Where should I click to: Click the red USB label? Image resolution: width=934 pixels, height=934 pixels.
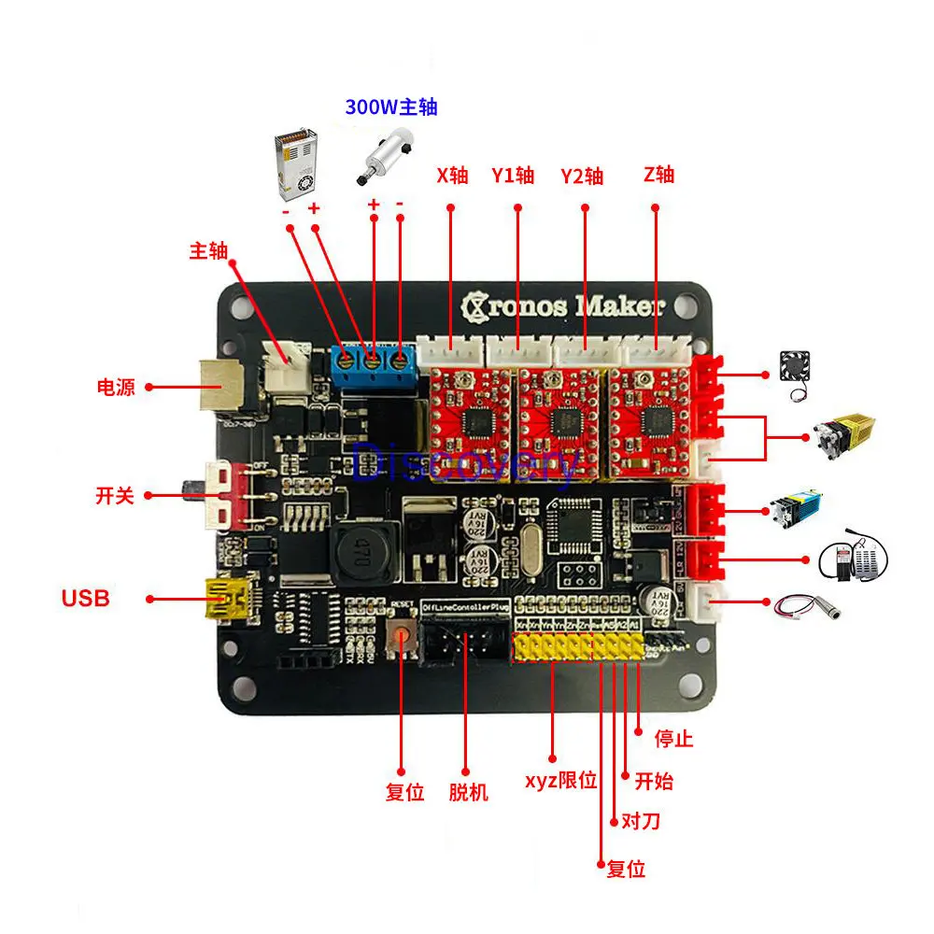pyautogui.click(x=85, y=598)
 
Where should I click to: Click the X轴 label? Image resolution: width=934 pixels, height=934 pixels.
pyautogui.click(x=452, y=176)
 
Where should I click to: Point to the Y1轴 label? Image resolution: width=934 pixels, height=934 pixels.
pyautogui.click(x=513, y=176)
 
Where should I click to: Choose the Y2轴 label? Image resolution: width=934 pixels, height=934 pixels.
pyautogui.click(x=582, y=176)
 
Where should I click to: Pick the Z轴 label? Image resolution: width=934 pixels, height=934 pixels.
pyautogui.click(x=658, y=175)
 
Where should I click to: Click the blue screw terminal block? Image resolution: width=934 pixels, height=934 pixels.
pyautogui.click(x=373, y=361)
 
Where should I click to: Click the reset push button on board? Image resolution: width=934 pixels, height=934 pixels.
pyautogui.click(x=403, y=639)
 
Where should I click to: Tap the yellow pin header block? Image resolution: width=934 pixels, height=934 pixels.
pyautogui.click(x=577, y=648)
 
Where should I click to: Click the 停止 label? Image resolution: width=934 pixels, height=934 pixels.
pyautogui.click(x=673, y=739)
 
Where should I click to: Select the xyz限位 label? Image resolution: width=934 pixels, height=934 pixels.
pyautogui.click(x=560, y=781)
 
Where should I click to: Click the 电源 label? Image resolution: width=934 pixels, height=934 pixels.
pyautogui.click(x=116, y=387)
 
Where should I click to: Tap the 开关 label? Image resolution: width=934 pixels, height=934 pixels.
pyautogui.click(x=115, y=495)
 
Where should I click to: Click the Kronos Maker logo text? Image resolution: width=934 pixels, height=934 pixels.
pyautogui.click(x=564, y=305)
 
